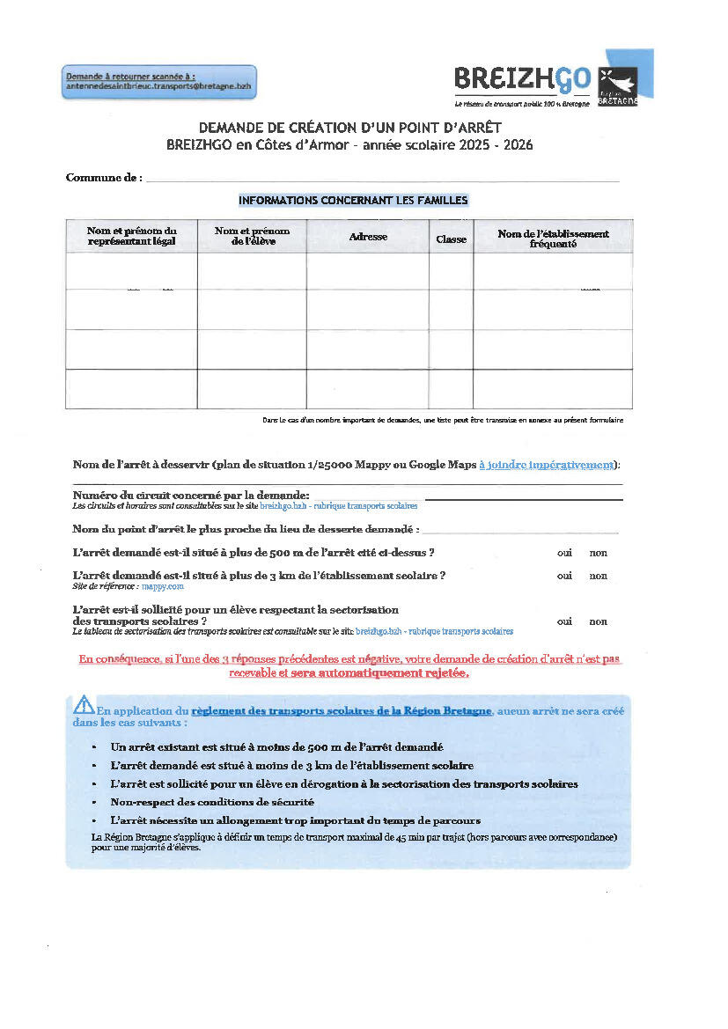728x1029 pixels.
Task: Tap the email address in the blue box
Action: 158,87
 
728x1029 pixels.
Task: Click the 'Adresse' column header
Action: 368,237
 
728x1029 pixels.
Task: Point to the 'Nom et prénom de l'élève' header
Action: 252,236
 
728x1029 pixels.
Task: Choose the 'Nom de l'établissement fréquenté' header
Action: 553,239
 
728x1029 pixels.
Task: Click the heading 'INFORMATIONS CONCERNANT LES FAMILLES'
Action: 353,201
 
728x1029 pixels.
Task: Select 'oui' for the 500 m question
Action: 564,554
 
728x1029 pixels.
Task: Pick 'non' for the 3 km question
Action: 599,577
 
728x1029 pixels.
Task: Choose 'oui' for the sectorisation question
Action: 564,621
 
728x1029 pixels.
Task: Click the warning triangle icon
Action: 84,703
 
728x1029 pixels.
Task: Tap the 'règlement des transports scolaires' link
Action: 341,710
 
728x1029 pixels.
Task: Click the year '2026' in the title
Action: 515,144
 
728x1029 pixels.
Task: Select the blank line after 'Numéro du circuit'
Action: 524,498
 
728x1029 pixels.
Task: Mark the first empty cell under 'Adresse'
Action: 368,271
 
